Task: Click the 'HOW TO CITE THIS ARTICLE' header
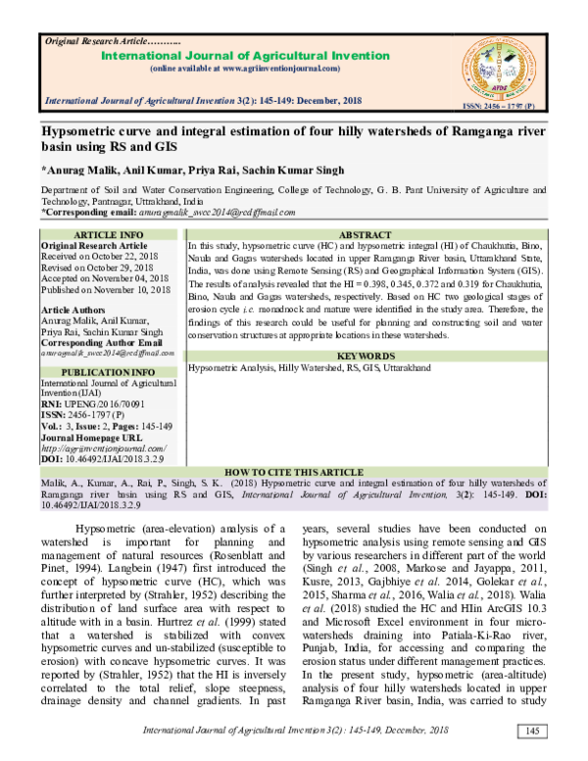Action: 294,471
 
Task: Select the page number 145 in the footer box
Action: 532,732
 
